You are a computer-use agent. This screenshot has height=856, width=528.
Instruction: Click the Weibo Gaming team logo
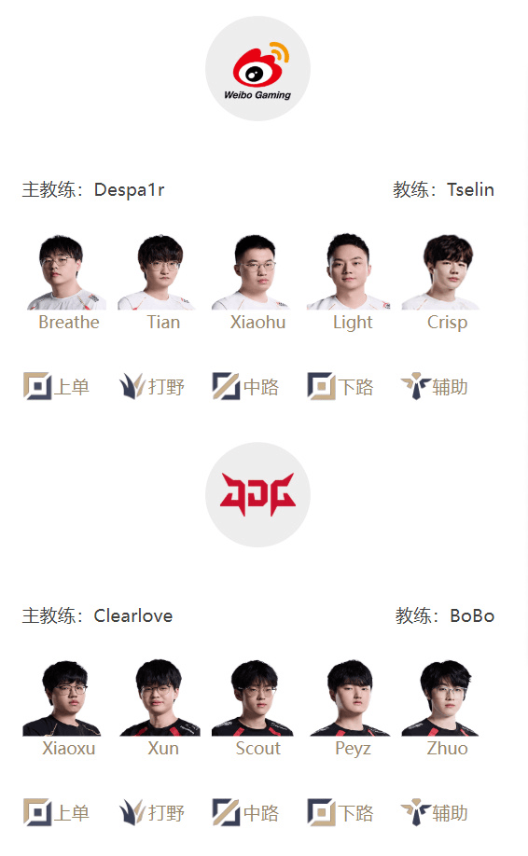[x=257, y=69]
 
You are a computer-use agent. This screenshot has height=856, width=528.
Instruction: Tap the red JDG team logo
[x=257, y=494]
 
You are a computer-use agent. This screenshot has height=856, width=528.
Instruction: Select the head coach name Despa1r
[x=129, y=190]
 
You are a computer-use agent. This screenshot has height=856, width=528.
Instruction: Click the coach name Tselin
[x=470, y=190]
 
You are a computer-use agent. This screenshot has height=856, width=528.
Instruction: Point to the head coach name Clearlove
[x=133, y=615]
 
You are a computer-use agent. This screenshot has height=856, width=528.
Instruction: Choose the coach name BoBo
[x=472, y=615]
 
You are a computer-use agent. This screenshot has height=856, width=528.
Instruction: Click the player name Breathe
[x=69, y=322]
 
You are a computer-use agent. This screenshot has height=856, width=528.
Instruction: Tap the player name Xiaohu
[x=257, y=322]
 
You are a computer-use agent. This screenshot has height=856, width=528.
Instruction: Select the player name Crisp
[x=447, y=323]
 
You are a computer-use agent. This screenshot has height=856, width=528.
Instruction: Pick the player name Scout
[x=257, y=748]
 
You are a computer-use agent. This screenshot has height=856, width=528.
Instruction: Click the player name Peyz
[x=353, y=749]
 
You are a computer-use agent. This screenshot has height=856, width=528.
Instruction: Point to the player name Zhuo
[x=447, y=748]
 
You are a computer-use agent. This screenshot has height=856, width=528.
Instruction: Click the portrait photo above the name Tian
[x=158, y=272]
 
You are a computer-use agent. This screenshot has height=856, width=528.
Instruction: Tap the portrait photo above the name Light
[x=348, y=272]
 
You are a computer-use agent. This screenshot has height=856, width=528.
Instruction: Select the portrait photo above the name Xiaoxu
[x=63, y=697]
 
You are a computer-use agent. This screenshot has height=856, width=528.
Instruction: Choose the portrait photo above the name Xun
[x=160, y=697]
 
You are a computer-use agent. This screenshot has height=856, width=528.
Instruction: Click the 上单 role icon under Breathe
[x=37, y=387]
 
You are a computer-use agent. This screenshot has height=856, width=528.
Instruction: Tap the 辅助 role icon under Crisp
[x=415, y=387]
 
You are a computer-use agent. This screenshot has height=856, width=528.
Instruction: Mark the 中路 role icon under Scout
[x=226, y=812]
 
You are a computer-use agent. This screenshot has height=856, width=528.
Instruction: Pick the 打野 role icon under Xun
[x=132, y=812]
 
